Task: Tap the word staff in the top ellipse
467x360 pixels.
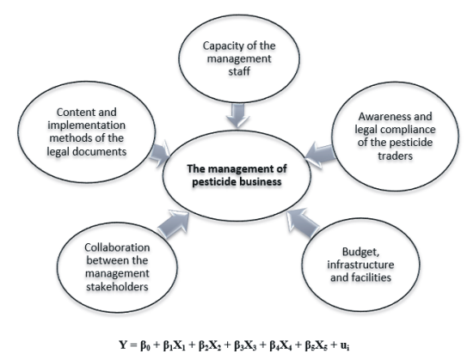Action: (x=239, y=71)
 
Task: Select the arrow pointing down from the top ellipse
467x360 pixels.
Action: (x=238, y=115)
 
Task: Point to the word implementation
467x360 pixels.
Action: (x=86, y=125)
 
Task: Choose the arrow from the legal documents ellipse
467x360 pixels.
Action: (x=159, y=154)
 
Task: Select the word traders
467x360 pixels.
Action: (x=396, y=156)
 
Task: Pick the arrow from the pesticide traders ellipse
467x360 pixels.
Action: (x=321, y=155)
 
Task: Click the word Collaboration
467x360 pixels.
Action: (x=117, y=247)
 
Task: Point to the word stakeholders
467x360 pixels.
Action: (x=117, y=287)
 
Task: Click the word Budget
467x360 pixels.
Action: (x=360, y=253)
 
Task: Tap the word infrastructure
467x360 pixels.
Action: (x=360, y=265)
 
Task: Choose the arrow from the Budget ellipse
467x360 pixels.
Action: (x=303, y=223)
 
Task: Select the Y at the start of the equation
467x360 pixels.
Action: (x=123, y=345)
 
